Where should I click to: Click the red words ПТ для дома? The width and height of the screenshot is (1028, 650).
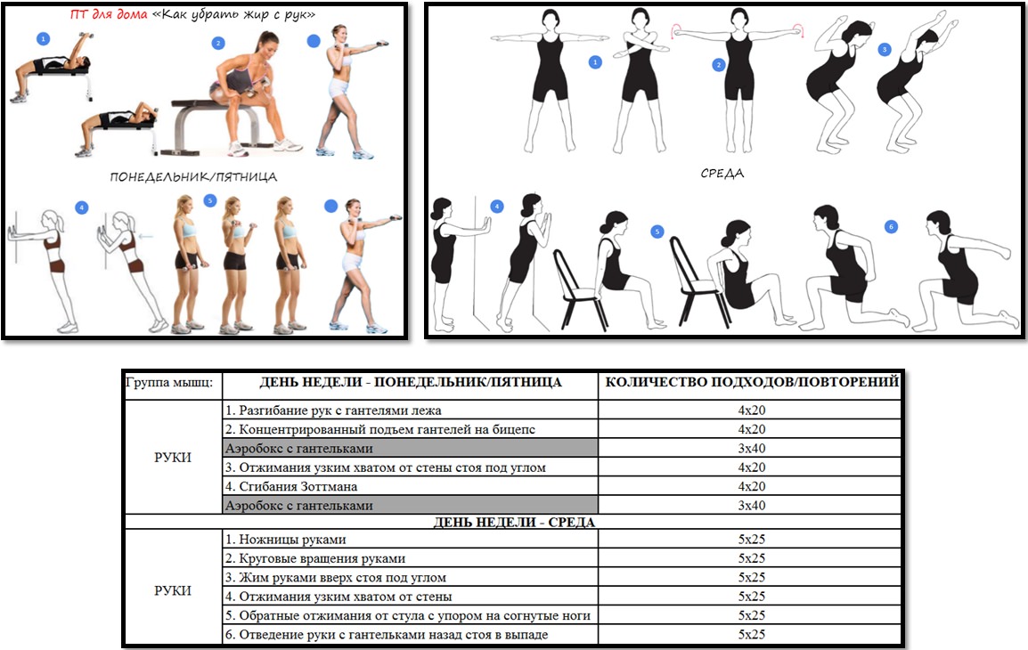coord(109,13)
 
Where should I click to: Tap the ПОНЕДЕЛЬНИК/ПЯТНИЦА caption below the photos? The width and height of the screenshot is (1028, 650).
coord(193,177)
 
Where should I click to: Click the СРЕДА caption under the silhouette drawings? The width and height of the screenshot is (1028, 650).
coord(722,174)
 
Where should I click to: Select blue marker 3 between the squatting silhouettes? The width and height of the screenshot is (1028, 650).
coord(885,50)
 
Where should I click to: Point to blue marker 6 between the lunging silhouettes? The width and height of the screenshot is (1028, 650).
coord(890,227)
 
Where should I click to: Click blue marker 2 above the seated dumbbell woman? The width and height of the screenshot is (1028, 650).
coord(218,44)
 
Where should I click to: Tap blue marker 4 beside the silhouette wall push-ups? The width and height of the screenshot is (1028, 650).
coord(497,207)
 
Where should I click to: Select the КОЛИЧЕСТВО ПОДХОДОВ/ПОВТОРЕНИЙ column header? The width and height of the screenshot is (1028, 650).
coord(751,382)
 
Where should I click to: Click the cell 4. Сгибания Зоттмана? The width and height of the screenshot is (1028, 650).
coord(411,486)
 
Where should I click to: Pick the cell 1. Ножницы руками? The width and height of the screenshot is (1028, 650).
coord(411,540)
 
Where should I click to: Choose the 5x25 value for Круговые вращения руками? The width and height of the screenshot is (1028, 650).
coord(751,558)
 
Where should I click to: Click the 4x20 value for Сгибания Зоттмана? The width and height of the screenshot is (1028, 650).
coord(751,486)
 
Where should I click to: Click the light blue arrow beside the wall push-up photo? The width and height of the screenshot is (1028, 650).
coord(145,237)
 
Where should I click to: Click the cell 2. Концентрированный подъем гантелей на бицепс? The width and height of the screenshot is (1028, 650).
coord(411,429)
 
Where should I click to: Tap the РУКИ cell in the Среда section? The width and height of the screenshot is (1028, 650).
coord(173,590)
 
